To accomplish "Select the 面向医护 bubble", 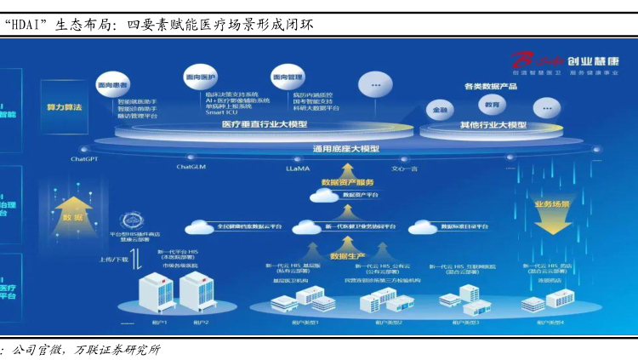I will click(200, 77).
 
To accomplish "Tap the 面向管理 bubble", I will click(288, 77).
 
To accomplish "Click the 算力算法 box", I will click(65, 108).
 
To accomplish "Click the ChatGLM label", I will click(191, 167).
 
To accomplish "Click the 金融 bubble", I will click(441, 111).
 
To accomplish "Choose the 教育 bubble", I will click(492, 105).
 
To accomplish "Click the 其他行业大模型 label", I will click(493, 125).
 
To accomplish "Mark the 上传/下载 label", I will click(113, 259).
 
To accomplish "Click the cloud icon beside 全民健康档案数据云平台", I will click(201, 227).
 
